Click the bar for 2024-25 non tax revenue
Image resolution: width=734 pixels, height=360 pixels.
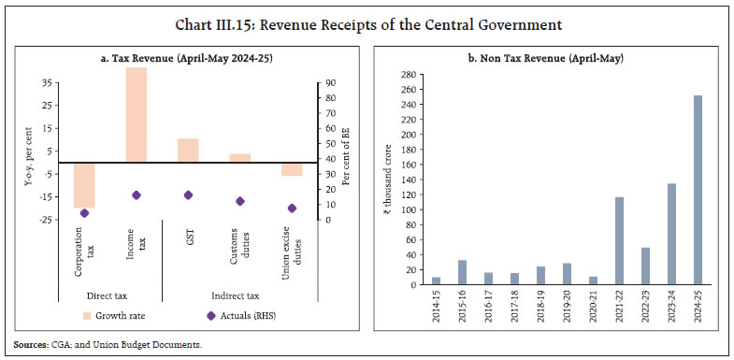coord(698,190)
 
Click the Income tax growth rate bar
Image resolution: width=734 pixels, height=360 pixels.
coord(137,115)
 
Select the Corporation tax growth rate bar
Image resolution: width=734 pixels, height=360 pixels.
coord(84,185)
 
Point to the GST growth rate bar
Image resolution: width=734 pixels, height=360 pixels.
coord(188,151)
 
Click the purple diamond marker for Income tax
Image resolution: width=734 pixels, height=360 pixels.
coord(137,194)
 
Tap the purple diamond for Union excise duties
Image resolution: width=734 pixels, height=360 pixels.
coord(292,208)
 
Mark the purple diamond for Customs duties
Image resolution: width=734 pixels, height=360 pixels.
coord(240,201)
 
